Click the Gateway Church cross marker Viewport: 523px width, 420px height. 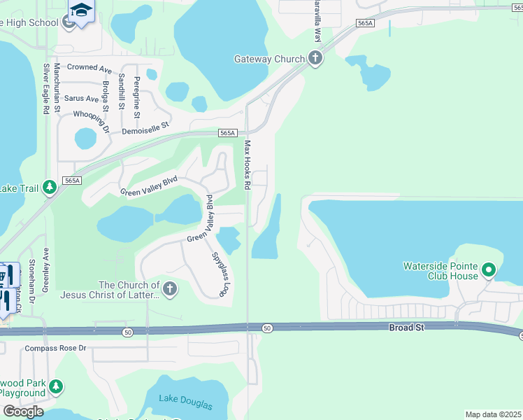coord(315,59)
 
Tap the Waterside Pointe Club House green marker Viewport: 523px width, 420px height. coord(489,269)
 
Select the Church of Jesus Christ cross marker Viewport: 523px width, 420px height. coord(169,288)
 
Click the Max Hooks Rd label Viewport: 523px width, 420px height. coord(247,165)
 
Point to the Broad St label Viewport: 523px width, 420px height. coord(406,328)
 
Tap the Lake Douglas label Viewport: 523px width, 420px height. coord(185,400)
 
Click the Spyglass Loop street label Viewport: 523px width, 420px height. coord(220,274)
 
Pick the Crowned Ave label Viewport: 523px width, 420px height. coord(89,69)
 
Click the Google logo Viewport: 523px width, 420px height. coord(22,411)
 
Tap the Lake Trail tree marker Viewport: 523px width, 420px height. coord(49,187)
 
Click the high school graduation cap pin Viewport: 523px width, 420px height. coord(82,11)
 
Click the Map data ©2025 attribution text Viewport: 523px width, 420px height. coord(494,414)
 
